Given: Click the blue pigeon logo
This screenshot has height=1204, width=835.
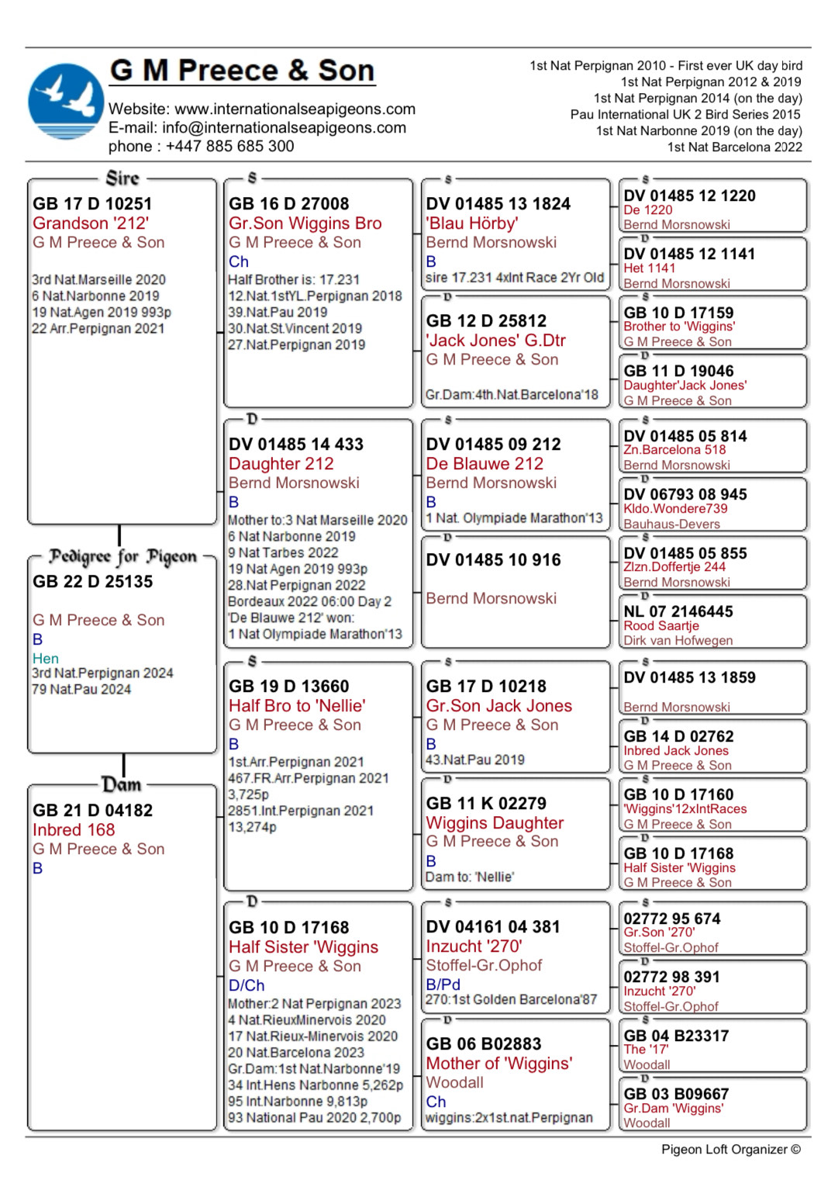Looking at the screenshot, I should (x=65, y=102).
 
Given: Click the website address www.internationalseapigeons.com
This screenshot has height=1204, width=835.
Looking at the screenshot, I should (x=295, y=109).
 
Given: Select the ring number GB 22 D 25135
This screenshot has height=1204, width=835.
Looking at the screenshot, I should (x=93, y=581).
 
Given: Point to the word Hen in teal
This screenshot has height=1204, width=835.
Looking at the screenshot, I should (x=46, y=658).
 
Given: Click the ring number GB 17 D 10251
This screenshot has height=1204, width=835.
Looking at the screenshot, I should (x=92, y=203).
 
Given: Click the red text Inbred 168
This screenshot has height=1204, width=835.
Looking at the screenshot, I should (x=74, y=829).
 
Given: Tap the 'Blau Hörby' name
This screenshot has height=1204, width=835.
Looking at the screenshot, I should (x=472, y=223).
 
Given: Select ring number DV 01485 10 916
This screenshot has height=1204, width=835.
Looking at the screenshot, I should (x=493, y=559).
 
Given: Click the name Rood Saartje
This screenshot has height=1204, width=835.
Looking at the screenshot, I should (x=661, y=625).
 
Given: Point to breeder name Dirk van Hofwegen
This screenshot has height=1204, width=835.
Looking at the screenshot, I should (x=678, y=640).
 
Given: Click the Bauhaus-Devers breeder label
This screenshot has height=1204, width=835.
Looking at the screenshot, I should (x=671, y=524).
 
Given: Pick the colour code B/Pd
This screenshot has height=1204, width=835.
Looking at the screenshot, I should (x=443, y=984).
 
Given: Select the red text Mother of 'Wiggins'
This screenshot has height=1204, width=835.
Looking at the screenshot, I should (x=499, y=1063).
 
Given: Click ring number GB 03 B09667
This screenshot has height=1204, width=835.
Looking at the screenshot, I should (x=676, y=1094).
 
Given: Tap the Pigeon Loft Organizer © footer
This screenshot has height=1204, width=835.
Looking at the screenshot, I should (x=730, y=1149).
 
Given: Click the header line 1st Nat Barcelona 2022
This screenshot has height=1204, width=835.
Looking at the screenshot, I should (x=734, y=147).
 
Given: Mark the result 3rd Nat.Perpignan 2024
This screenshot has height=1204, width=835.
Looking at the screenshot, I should (x=102, y=673).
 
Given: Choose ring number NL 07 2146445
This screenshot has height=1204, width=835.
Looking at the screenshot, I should (x=678, y=611).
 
